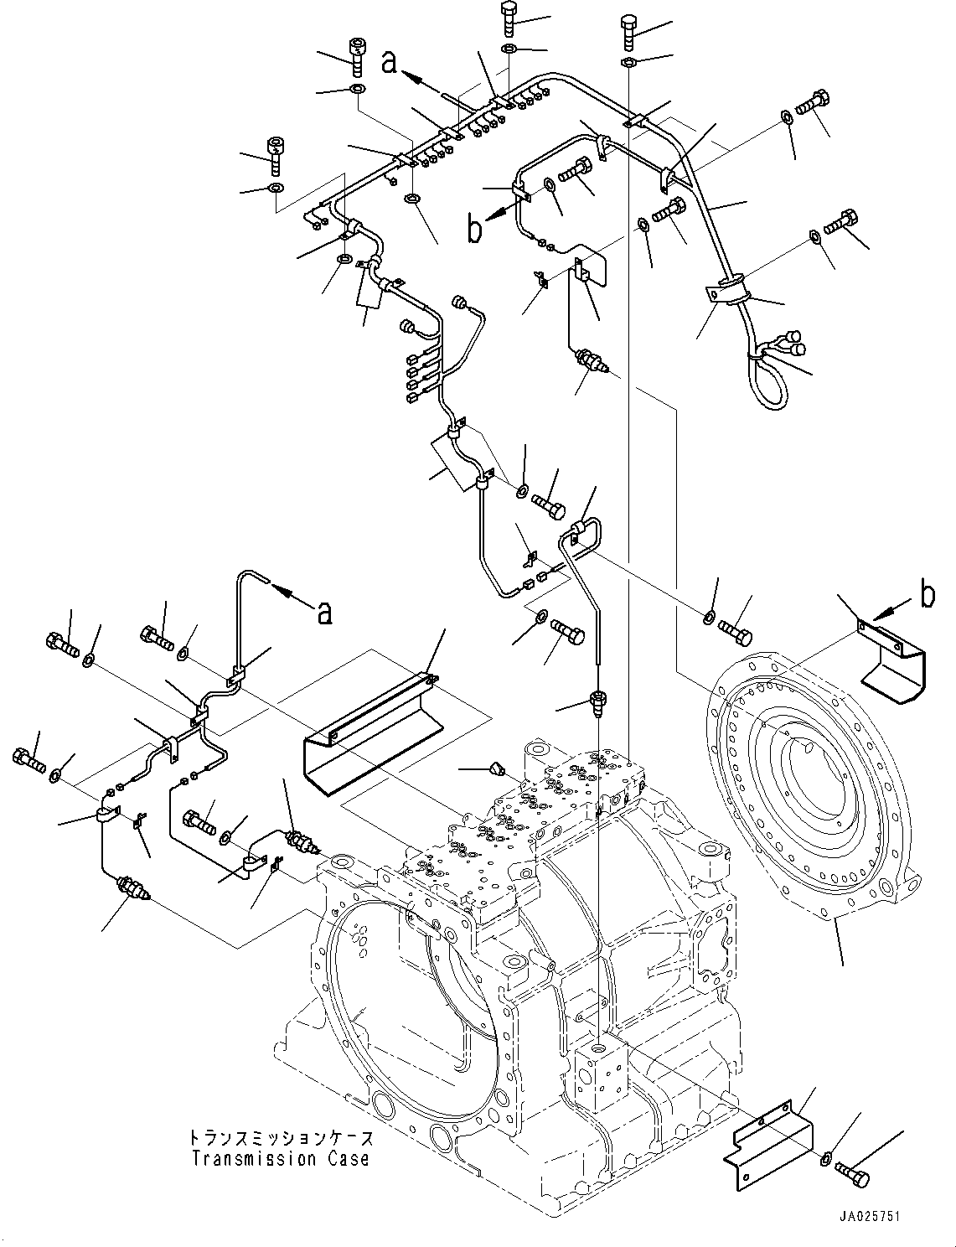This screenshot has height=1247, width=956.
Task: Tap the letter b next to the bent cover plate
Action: tap(925, 595)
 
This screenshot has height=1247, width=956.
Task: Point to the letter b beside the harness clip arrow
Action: tap(474, 230)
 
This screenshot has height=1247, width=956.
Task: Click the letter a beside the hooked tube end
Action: tap(323, 613)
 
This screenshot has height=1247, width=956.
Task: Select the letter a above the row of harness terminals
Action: tap(388, 62)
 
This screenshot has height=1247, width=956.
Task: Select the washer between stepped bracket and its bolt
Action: tap(825, 1160)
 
